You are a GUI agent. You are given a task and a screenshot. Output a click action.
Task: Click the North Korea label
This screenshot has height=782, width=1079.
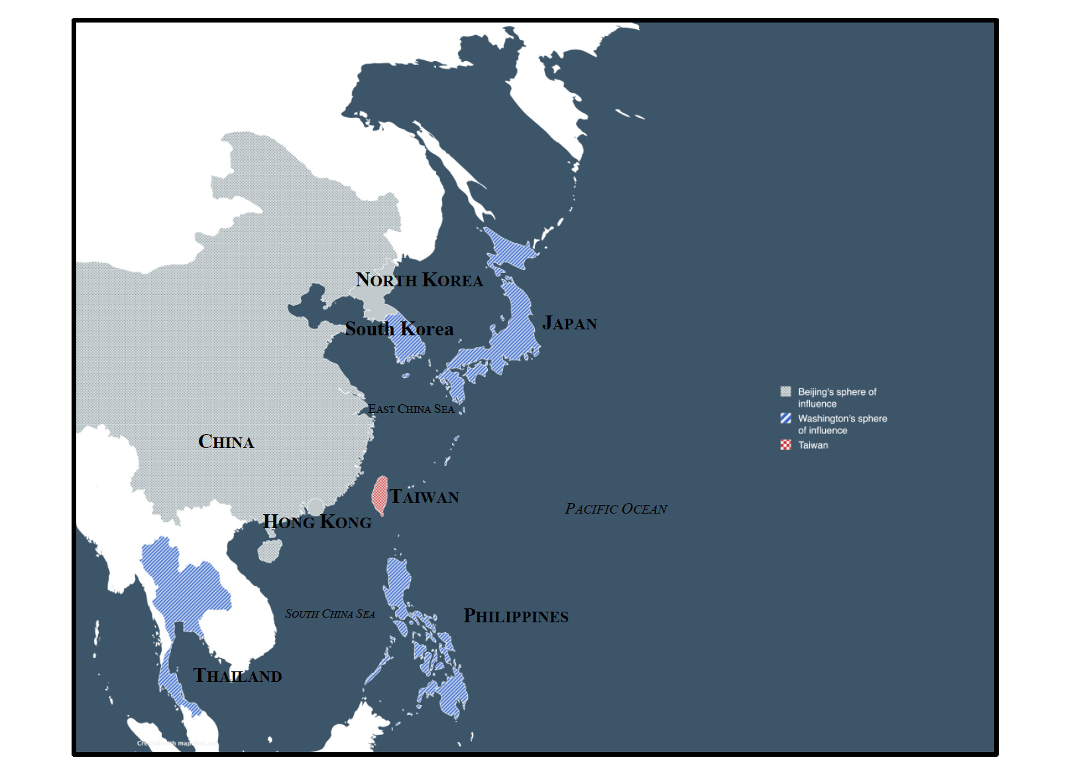click(419, 280)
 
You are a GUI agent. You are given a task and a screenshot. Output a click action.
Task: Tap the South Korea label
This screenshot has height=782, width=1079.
click(399, 329)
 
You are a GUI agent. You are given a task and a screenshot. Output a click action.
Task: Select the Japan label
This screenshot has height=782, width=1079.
click(569, 323)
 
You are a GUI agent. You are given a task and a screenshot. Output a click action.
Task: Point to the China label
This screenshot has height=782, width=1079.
click(226, 442)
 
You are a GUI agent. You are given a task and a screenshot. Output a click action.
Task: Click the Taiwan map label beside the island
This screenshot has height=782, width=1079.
click(424, 497)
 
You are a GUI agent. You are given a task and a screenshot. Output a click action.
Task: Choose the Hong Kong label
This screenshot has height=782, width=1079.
click(317, 522)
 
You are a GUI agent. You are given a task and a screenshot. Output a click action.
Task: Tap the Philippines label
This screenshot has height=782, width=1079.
click(516, 616)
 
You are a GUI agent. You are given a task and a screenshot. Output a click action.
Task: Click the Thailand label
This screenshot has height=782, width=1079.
click(237, 676)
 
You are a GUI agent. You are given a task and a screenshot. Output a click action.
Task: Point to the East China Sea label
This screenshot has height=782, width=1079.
click(411, 410)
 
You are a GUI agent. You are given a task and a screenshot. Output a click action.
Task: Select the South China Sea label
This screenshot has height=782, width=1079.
click(329, 614)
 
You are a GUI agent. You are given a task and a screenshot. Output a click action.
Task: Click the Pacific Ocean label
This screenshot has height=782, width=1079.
click(616, 509)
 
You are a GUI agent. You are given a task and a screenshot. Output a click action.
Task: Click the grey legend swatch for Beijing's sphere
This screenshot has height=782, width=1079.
click(785, 392)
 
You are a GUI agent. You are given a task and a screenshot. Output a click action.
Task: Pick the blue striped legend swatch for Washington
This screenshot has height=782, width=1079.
click(785, 418)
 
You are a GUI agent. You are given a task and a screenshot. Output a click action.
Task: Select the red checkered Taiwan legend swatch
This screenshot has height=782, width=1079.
click(785, 445)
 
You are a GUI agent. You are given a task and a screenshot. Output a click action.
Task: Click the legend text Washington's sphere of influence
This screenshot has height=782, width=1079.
click(842, 424)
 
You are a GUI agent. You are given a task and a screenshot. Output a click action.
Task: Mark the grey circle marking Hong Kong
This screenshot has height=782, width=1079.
click(316, 507)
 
